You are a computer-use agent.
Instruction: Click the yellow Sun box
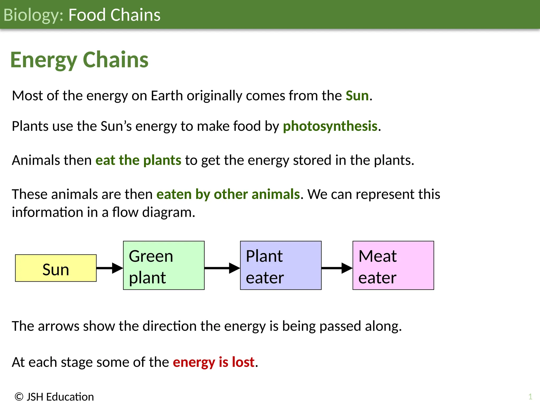click(x=56, y=268)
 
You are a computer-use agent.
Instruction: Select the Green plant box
click(x=164, y=265)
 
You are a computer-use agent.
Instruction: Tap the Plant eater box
click(x=281, y=265)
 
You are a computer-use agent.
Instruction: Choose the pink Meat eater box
click(x=393, y=265)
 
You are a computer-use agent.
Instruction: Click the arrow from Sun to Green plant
click(x=109, y=268)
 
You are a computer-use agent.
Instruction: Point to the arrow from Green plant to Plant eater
click(x=222, y=268)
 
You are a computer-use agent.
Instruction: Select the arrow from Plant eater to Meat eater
click(x=337, y=268)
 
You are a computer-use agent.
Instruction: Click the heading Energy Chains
click(x=79, y=60)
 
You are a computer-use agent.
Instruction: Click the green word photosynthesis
click(x=330, y=126)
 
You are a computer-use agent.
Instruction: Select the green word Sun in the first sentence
click(x=357, y=95)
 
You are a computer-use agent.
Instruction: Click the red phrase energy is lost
click(x=214, y=362)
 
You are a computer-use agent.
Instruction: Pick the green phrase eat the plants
click(x=138, y=160)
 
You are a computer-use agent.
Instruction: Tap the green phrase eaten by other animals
click(x=228, y=194)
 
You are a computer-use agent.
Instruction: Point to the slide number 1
click(x=530, y=397)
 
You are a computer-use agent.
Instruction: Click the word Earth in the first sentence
click(x=167, y=95)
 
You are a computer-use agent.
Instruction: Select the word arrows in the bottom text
click(x=59, y=326)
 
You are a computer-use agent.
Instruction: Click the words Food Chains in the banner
click(x=114, y=15)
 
